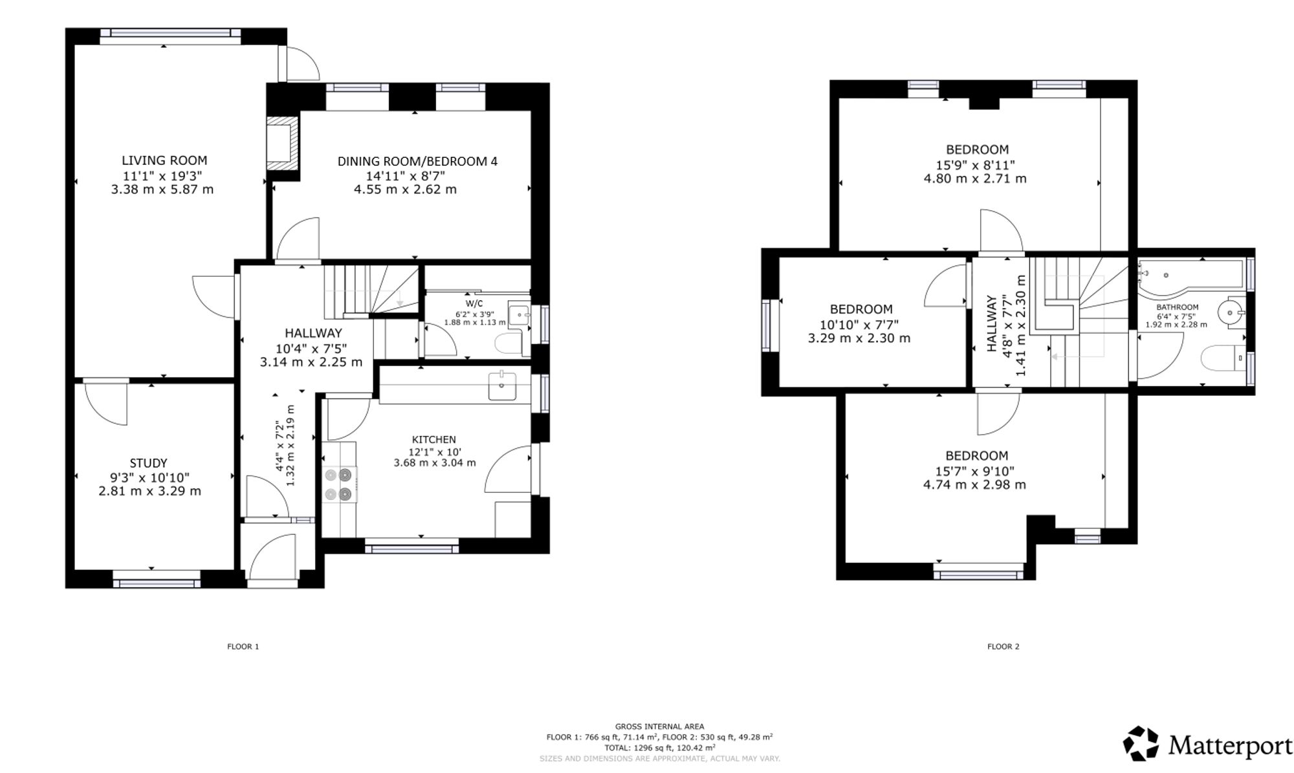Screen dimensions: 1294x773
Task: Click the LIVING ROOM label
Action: coord(164,160)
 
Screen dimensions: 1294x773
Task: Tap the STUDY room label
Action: coord(149,463)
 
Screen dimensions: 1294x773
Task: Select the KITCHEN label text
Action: coord(434,440)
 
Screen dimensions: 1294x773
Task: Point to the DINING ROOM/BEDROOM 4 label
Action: coord(417,161)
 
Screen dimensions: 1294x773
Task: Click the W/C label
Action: coord(474,303)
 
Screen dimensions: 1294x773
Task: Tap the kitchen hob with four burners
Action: coord(340,484)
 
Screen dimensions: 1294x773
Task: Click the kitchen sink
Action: coord(502,386)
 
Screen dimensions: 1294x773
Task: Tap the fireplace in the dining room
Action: coord(283,144)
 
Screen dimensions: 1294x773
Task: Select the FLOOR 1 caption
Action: coord(243,646)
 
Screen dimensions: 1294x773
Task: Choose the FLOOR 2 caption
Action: coord(1003,646)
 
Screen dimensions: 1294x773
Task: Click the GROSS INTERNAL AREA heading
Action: coord(659,726)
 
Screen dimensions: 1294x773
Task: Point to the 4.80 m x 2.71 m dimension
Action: coord(975,179)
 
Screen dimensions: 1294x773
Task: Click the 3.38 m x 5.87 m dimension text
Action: coord(162,190)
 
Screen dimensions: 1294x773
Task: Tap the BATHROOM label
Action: coord(1178,307)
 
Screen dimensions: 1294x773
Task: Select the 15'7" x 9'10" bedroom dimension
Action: coord(975,472)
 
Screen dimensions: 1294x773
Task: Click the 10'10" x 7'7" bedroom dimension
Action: coord(859,324)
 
